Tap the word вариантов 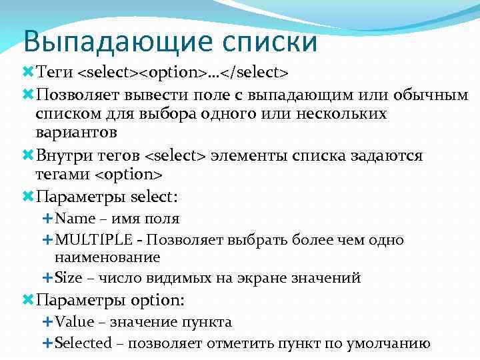77,131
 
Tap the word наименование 107,257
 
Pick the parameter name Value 75,323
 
